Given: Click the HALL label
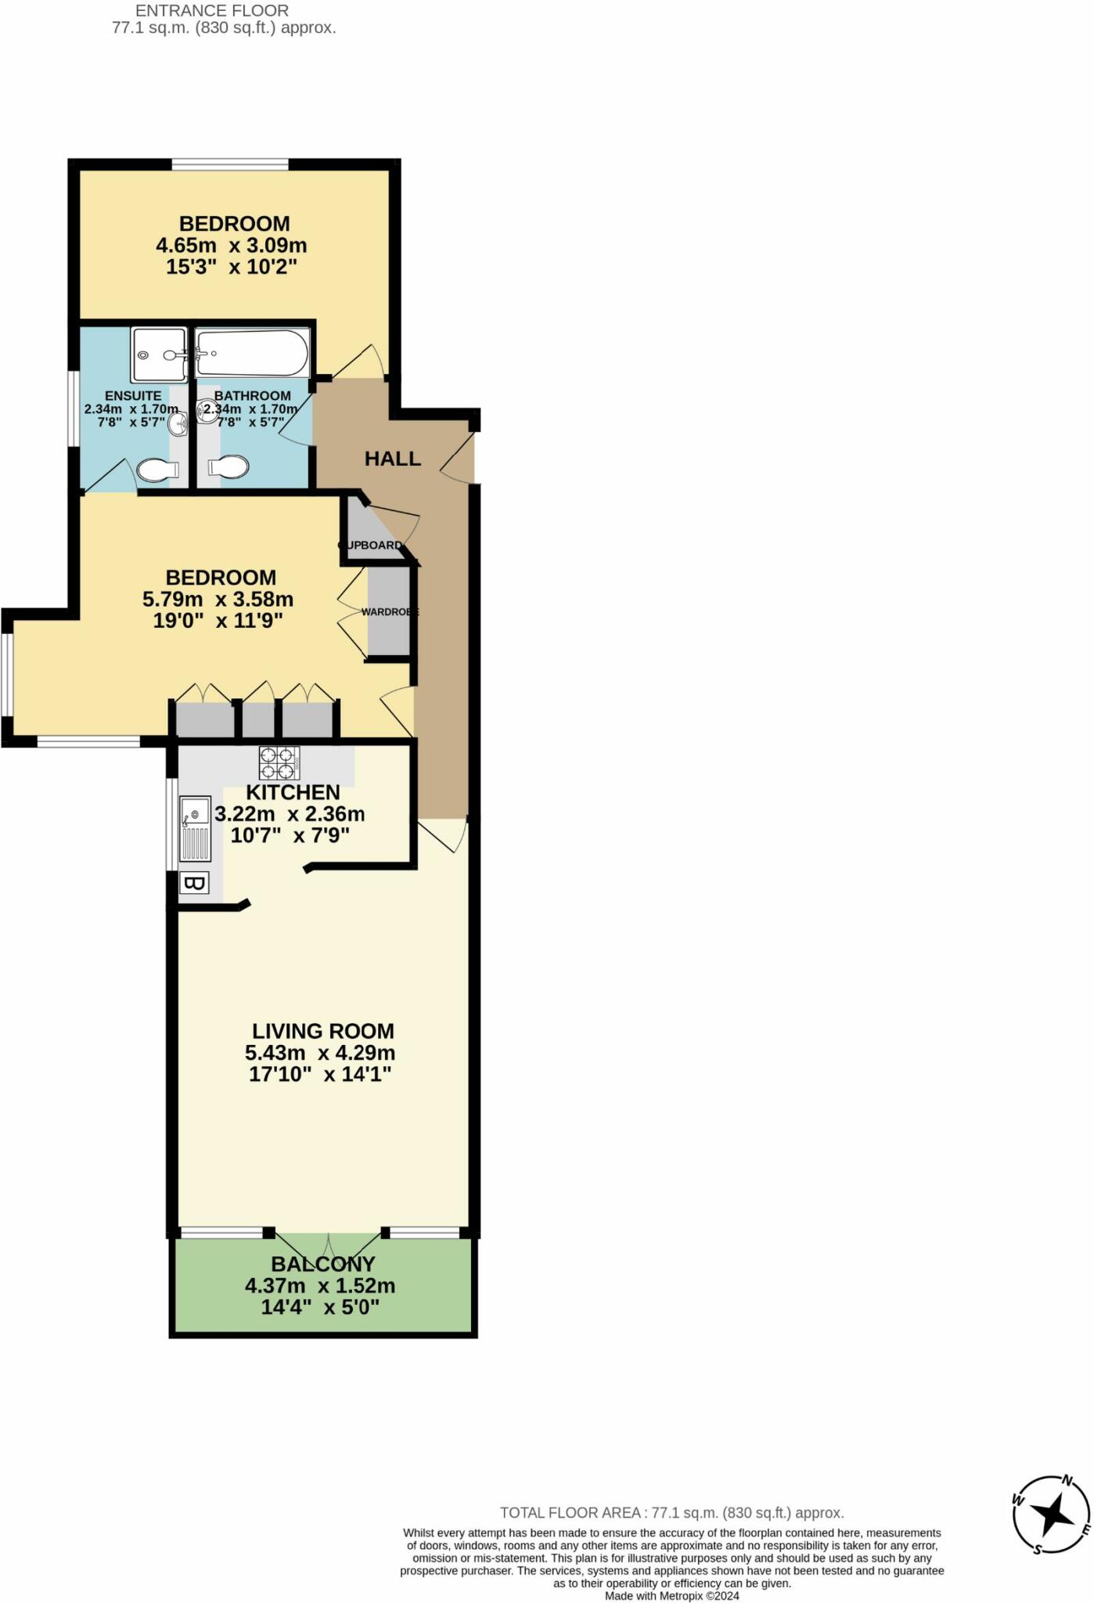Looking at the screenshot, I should pyautogui.click(x=392, y=459).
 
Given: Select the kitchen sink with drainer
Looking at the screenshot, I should pyautogui.click(x=195, y=829).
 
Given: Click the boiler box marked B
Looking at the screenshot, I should pyautogui.click(x=194, y=884).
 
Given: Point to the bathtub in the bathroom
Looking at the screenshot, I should pyautogui.click(x=252, y=353).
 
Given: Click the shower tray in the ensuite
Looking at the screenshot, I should pyautogui.click(x=159, y=355).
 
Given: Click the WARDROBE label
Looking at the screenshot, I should pyautogui.click(x=390, y=611).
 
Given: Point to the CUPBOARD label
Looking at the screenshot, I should pyautogui.click(x=371, y=545).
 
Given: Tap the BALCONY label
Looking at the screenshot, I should pyautogui.click(x=322, y=1264).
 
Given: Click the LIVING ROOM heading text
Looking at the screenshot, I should pyautogui.click(x=322, y=1032).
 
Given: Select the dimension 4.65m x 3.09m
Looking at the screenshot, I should pyautogui.click(x=231, y=246).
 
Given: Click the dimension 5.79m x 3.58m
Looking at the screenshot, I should pyautogui.click(x=218, y=600).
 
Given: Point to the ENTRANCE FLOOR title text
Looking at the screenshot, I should pyautogui.click(x=212, y=11).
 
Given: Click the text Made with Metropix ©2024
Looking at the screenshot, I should pyautogui.click(x=671, y=1596).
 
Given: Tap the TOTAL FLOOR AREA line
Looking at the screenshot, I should pyautogui.click(x=671, y=1513).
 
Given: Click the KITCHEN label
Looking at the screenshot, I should pyautogui.click(x=293, y=792).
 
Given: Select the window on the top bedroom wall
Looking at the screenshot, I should pyautogui.click(x=230, y=164).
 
